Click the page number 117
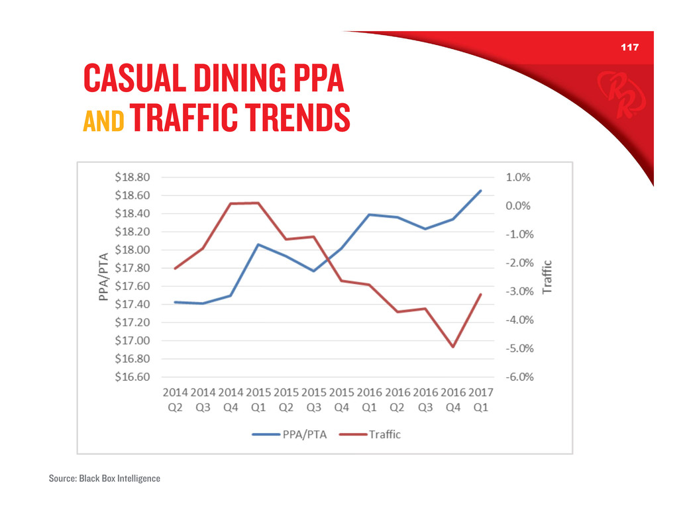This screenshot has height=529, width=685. tap(629, 48)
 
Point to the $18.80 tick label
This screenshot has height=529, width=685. tap(132, 177)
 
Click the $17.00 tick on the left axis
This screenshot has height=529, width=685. tap(132, 341)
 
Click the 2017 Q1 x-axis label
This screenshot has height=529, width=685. tap(480, 400)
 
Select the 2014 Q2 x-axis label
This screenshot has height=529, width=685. tap(176, 400)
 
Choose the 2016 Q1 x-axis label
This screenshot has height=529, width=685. tap(370, 400)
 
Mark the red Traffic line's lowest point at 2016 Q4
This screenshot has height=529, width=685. tap(453, 347)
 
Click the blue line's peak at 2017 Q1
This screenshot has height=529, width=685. tap(480, 191)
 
